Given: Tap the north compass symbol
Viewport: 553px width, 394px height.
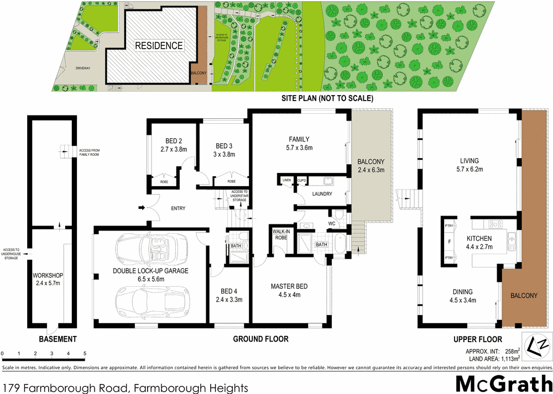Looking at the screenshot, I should click(x=537, y=346).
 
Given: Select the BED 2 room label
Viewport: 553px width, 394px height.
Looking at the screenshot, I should click(x=174, y=140).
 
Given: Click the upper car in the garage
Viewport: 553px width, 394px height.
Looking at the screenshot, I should click(x=150, y=251).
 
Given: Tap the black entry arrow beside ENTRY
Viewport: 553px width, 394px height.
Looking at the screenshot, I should click(x=142, y=208).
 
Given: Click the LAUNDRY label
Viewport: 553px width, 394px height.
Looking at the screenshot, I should click(x=321, y=194).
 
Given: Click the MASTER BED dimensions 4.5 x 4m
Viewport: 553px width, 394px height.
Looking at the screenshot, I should click(x=289, y=295).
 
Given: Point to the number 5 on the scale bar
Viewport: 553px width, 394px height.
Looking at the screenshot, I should click(x=85, y=353).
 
